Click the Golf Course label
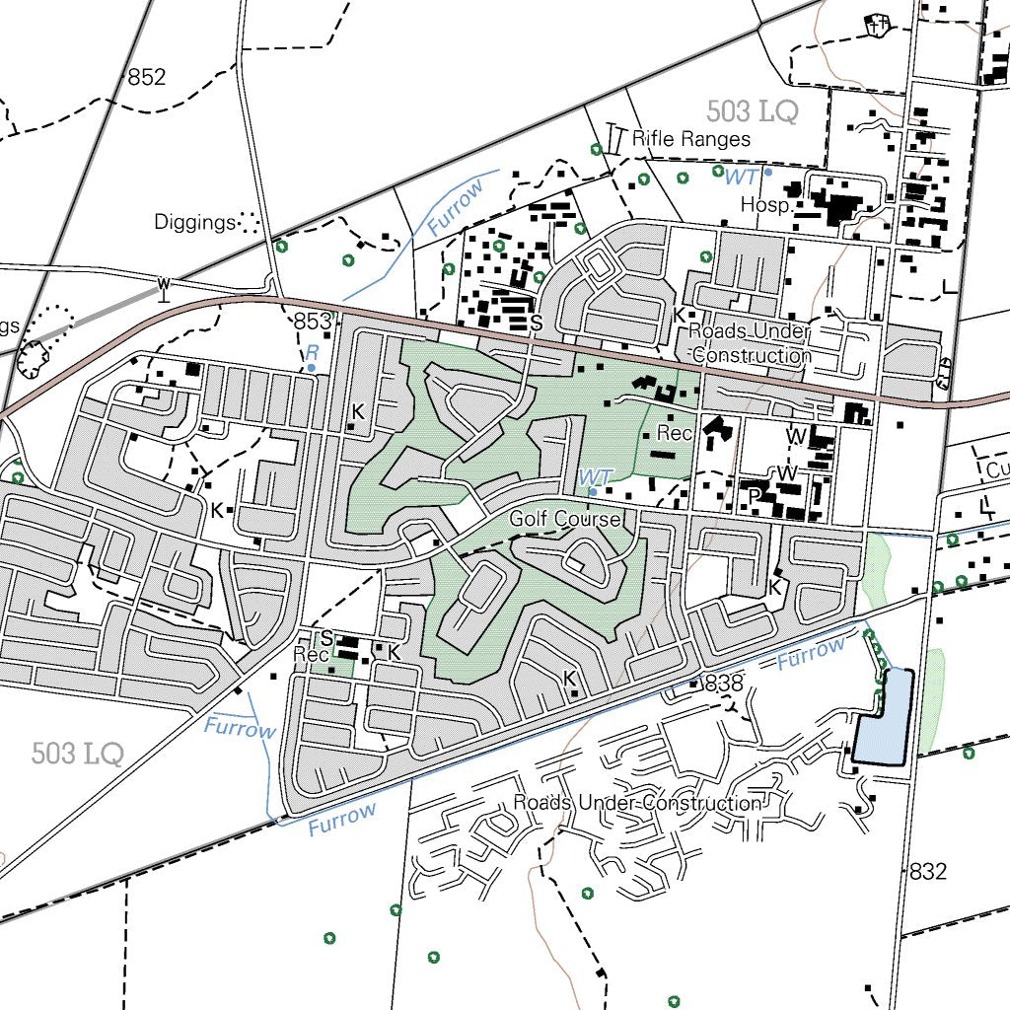click(565, 519)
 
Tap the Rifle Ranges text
click(691, 139)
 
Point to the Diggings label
click(194, 222)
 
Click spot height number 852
click(147, 77)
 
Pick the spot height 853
click(312, 322)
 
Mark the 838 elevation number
click(724, 683)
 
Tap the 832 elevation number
click(927, 871)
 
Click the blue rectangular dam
click(883, 718)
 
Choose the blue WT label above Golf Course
click(596, 476)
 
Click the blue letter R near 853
click(312, 352)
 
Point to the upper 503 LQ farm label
click(752, 111)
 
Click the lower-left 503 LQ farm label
click(77, 755)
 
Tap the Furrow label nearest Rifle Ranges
click(456, 208)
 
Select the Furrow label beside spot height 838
click(811, 653)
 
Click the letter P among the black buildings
click(754, 496)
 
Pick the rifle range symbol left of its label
click(616, 138)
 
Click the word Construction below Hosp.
click(752, 355)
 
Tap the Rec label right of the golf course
click(675, 433)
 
